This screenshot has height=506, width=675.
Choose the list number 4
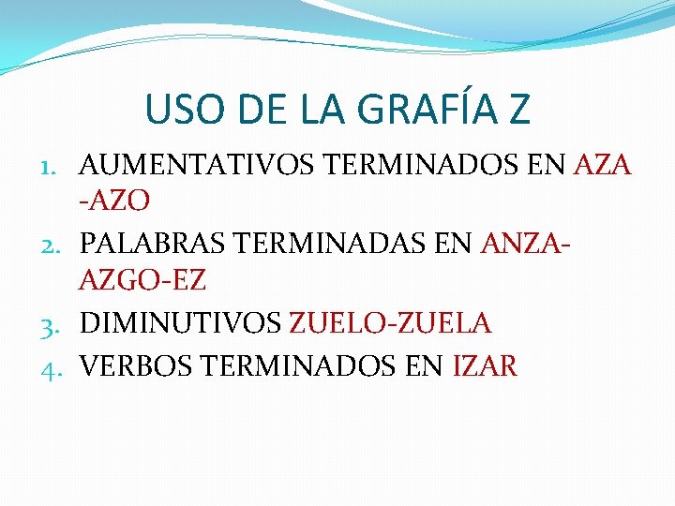(x=53, y=365)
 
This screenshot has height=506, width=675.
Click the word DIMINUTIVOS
(x=180, y=323)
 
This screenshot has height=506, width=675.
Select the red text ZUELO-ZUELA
(x=390, y=323)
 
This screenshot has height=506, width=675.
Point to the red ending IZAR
(x=485, y=365)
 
